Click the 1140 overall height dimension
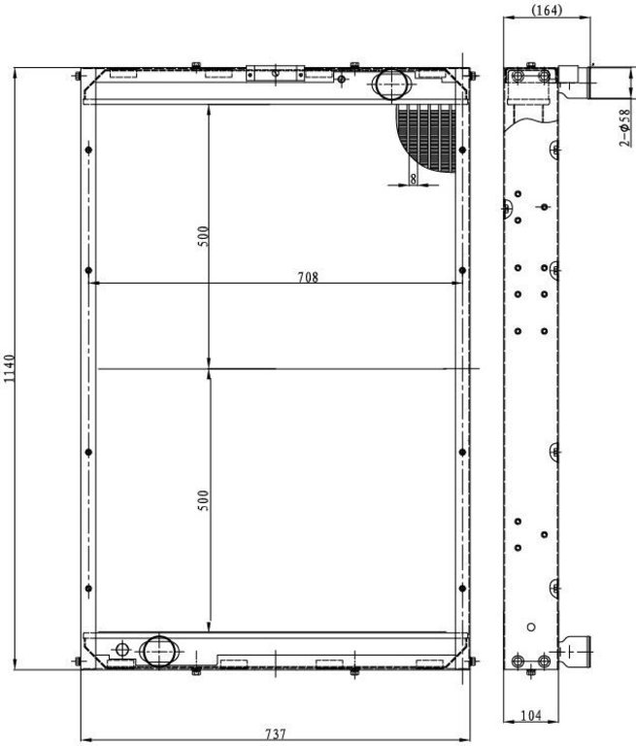pos(9,369)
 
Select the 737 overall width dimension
pos(276,733)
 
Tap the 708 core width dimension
pos(308,277)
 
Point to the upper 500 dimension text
pos(203,236)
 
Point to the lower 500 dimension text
pos(203,500)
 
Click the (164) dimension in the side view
pos(547,10)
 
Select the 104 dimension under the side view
pos(531,715)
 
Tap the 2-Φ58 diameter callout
pos(625,127)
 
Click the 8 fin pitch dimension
pos(413,179)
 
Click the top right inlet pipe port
pos(391,85)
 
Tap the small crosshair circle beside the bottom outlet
pos(122,649)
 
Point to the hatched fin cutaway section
pos(425,137)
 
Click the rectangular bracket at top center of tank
pos(276,73)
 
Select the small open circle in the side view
pos(531,627)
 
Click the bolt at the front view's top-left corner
pos(78,76)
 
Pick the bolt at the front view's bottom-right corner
pos(472,661)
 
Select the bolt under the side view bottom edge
pos(531,672)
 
